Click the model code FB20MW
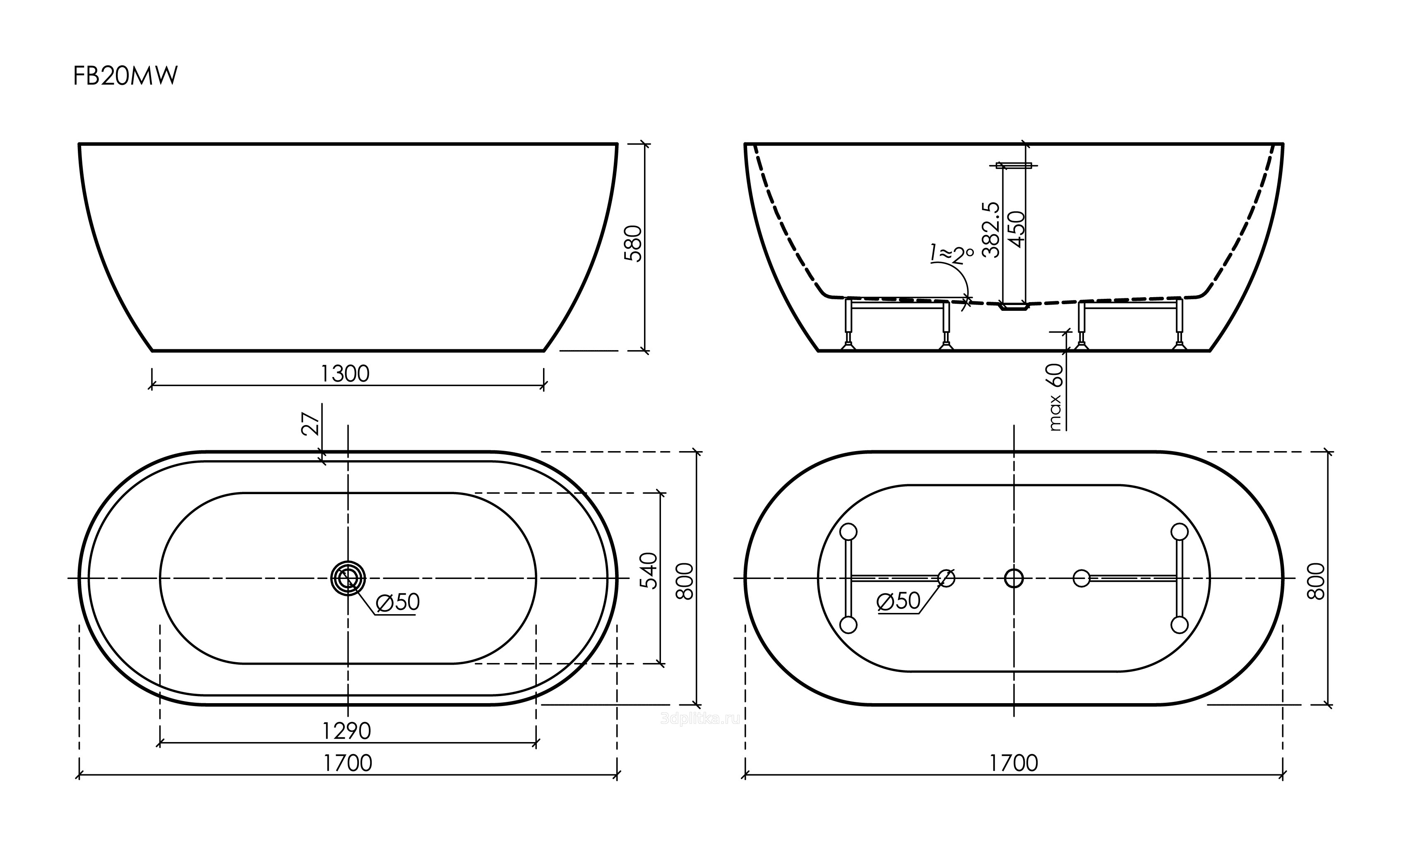click(125, 76)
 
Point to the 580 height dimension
click(633, 243)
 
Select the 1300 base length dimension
click(345, 374)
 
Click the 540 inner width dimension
click(649, 570)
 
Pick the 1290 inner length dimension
click(346, 731)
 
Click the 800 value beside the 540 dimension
click(685, 581)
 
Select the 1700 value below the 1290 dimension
click(348, 763)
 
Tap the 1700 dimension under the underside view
click(1014, 763)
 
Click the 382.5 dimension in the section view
click(991, 230)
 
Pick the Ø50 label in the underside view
click(899, 601)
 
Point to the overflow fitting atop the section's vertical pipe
click(1014, 166)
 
